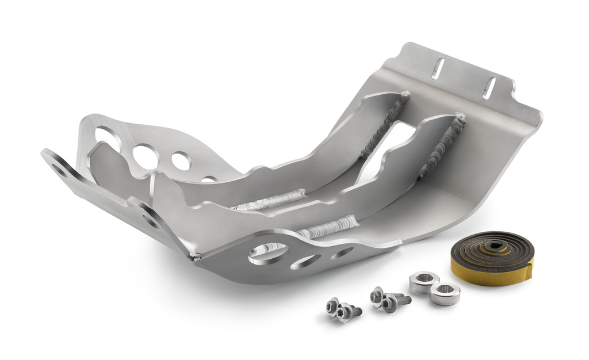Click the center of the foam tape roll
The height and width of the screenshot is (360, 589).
tap(493, 247)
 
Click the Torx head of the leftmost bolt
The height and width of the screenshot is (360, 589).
tap(332, 307)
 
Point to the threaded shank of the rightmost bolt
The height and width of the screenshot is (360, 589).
tap(404, 300)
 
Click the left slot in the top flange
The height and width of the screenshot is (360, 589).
tap(438, 68)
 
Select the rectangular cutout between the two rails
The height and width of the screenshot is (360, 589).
tap(397, 144)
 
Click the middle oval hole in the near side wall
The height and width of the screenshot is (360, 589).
tap(305, 262)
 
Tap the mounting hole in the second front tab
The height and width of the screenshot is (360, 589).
tap(150, 220)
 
